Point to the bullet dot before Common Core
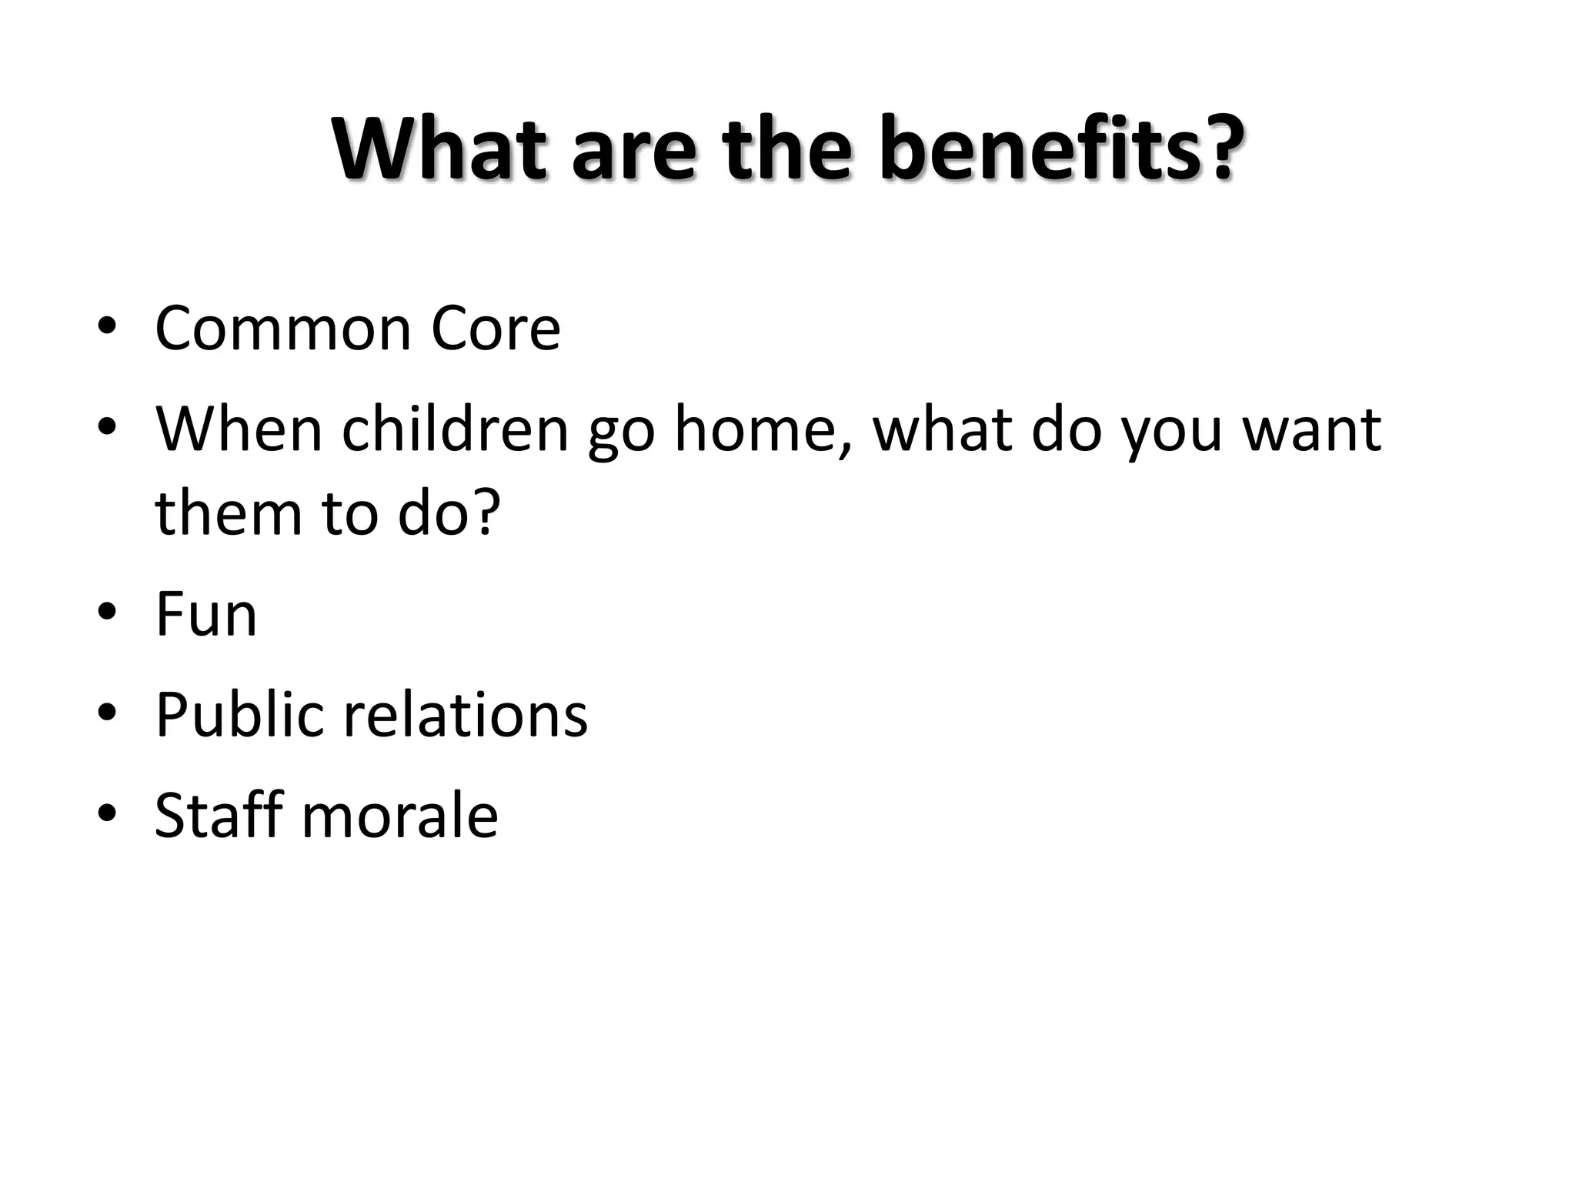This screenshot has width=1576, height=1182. (x=107, y=326)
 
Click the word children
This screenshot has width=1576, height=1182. (x=455, y=429)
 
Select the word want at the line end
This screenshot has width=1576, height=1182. (x=1312, y=429)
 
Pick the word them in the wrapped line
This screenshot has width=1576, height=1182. (x=229, y=513)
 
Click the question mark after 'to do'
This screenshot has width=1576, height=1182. (x=485, y=513)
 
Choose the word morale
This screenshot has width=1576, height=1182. (x=399, y=816)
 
